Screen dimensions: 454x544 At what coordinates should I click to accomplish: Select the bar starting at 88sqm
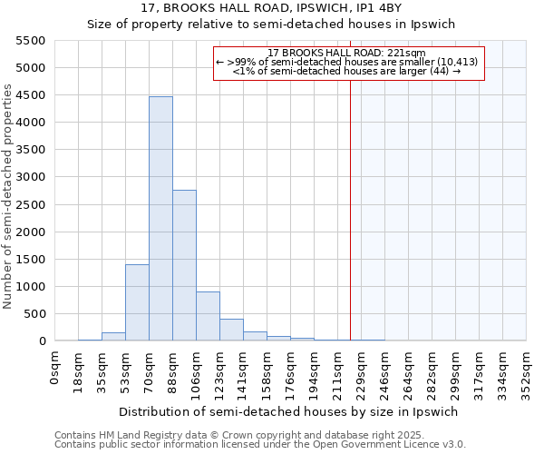point(184,265)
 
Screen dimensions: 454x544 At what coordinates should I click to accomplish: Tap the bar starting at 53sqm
point(137,302)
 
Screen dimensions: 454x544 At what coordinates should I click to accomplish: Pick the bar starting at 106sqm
point(208,316)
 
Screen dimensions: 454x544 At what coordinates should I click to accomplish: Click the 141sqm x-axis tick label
point(244,370)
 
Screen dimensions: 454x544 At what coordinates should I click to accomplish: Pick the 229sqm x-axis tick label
point(362,370)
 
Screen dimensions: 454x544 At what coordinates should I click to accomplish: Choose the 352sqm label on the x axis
point(527,370)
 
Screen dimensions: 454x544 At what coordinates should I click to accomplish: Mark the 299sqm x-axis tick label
point(456,370)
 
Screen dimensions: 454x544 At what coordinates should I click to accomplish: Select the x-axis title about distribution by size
point(289,411)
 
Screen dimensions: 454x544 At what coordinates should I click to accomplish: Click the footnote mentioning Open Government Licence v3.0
point(260,445)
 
